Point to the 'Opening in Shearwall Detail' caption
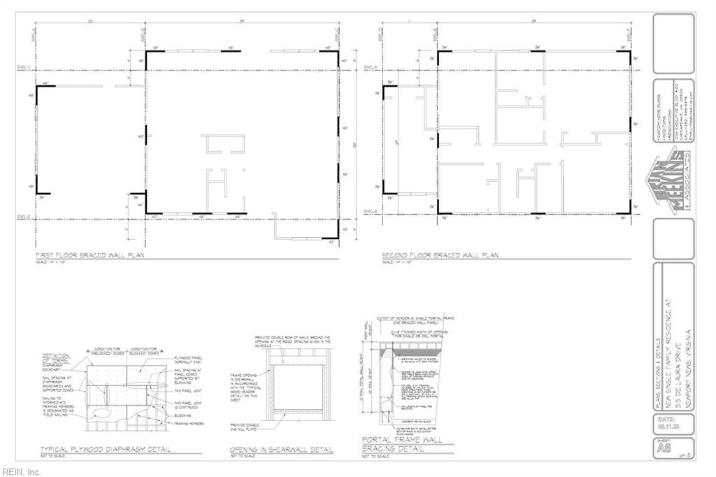[281, 449]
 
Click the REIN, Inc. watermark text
[21, 471]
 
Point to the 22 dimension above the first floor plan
[90, 21]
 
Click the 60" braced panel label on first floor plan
[141, 136]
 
